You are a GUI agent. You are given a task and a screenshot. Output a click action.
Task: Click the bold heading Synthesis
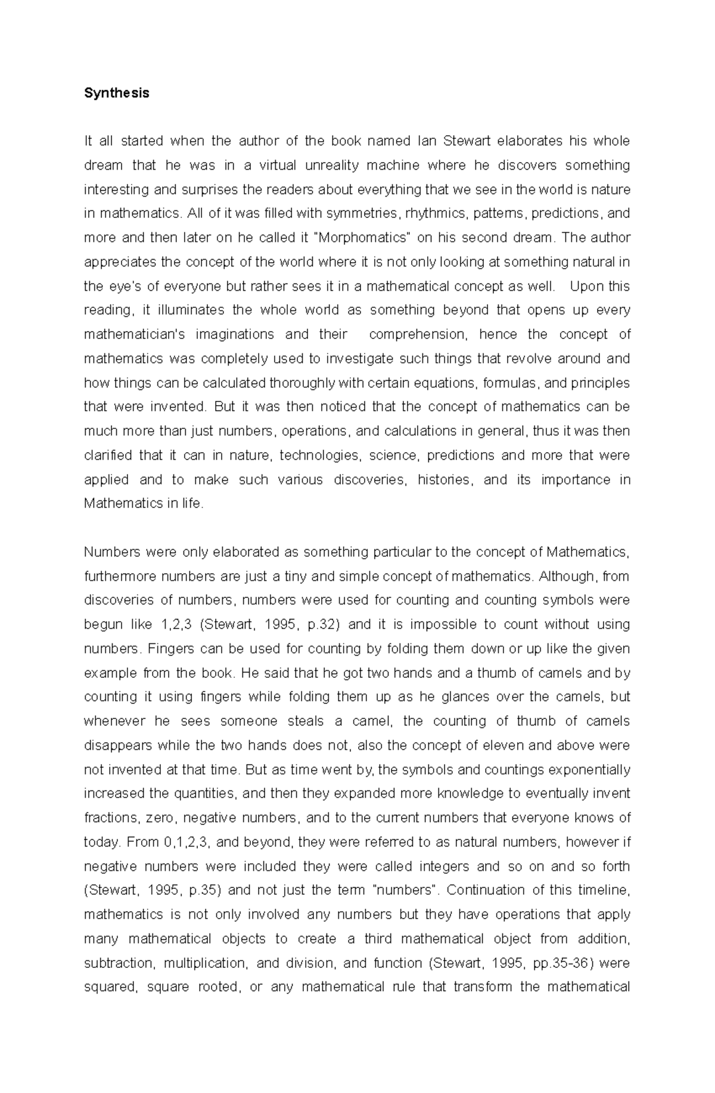click(x=116, y=93)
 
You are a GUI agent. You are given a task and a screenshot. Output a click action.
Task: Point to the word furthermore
click(x=120, y=576)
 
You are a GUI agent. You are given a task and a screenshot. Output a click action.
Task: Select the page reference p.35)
click(x=205, y=890)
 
